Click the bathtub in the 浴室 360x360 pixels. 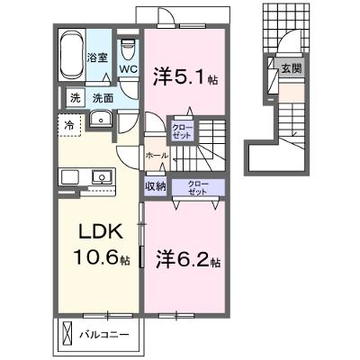[x=72, y=55]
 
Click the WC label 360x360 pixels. [x=129, y=68]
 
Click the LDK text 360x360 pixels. [x=101, y=231]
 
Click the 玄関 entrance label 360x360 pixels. [x=291, y=69]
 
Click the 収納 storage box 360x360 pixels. [x=156, y=187]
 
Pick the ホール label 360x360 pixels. [x=157, y=156]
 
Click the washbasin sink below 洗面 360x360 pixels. [x=101, y=119]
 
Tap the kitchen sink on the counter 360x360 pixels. [x=102, y=176]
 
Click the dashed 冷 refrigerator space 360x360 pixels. [x=69, y=125]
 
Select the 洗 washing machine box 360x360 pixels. [x=76, y=98]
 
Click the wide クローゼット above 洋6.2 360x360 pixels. [x=198, y=187]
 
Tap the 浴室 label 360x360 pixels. [x=97, y=58]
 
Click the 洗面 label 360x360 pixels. [x=103, y=98]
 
